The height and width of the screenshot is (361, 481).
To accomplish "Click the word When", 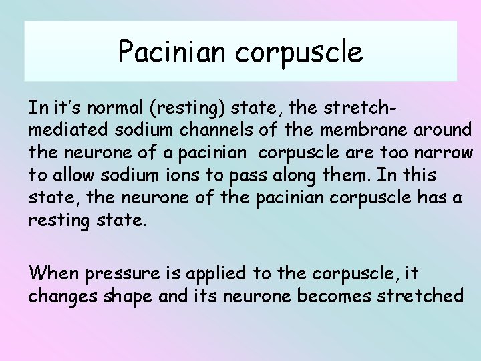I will pos(53,273).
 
